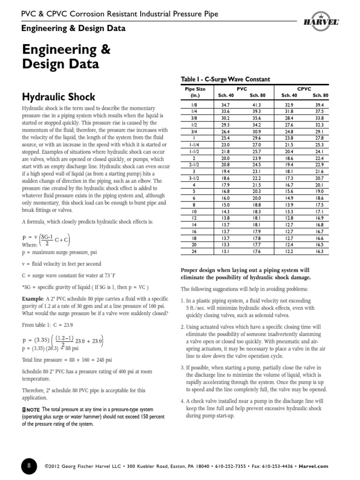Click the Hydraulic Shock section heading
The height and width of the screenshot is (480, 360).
tap(59, 97)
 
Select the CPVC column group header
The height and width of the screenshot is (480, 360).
tap(304, 89)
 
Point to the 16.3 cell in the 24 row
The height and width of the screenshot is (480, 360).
tap(319, 252)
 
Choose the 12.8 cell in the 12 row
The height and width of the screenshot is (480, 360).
tap(288, 218)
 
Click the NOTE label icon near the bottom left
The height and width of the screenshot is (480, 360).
tap(32, 411)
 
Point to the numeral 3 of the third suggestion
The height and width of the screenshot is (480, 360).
tap(182, 367)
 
